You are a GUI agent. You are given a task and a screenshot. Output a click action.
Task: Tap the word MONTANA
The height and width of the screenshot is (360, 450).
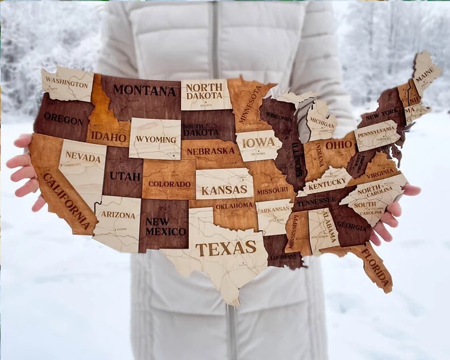point(144,90)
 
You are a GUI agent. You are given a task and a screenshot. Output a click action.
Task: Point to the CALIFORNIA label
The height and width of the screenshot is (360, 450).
point(66,201)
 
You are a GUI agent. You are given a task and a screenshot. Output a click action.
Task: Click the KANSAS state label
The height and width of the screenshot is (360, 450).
point(224,190)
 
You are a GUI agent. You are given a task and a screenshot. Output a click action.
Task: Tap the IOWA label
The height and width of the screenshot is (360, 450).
point(258,142)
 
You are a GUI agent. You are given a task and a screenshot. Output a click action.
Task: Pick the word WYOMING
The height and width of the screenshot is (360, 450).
point(155,139)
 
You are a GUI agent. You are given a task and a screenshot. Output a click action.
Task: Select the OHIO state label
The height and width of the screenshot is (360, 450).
point(339,145)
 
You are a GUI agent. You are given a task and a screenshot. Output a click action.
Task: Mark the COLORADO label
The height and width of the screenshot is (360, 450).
point(169,184)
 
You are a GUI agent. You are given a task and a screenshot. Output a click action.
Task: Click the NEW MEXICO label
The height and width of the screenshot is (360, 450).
point(165,227)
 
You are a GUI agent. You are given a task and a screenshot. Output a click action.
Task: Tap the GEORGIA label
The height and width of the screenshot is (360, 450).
point(352,226)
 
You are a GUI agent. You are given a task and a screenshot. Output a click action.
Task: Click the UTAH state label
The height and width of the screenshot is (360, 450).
point(125,176)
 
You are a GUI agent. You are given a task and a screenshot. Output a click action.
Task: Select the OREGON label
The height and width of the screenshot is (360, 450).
point(63,118)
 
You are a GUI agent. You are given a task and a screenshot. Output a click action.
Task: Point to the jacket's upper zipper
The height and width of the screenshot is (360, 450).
point(214,34)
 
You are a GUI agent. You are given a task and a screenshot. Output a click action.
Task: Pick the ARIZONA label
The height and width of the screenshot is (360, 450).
point(118,215)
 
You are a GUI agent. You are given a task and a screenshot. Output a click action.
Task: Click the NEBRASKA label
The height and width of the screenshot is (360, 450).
point(210,151)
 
